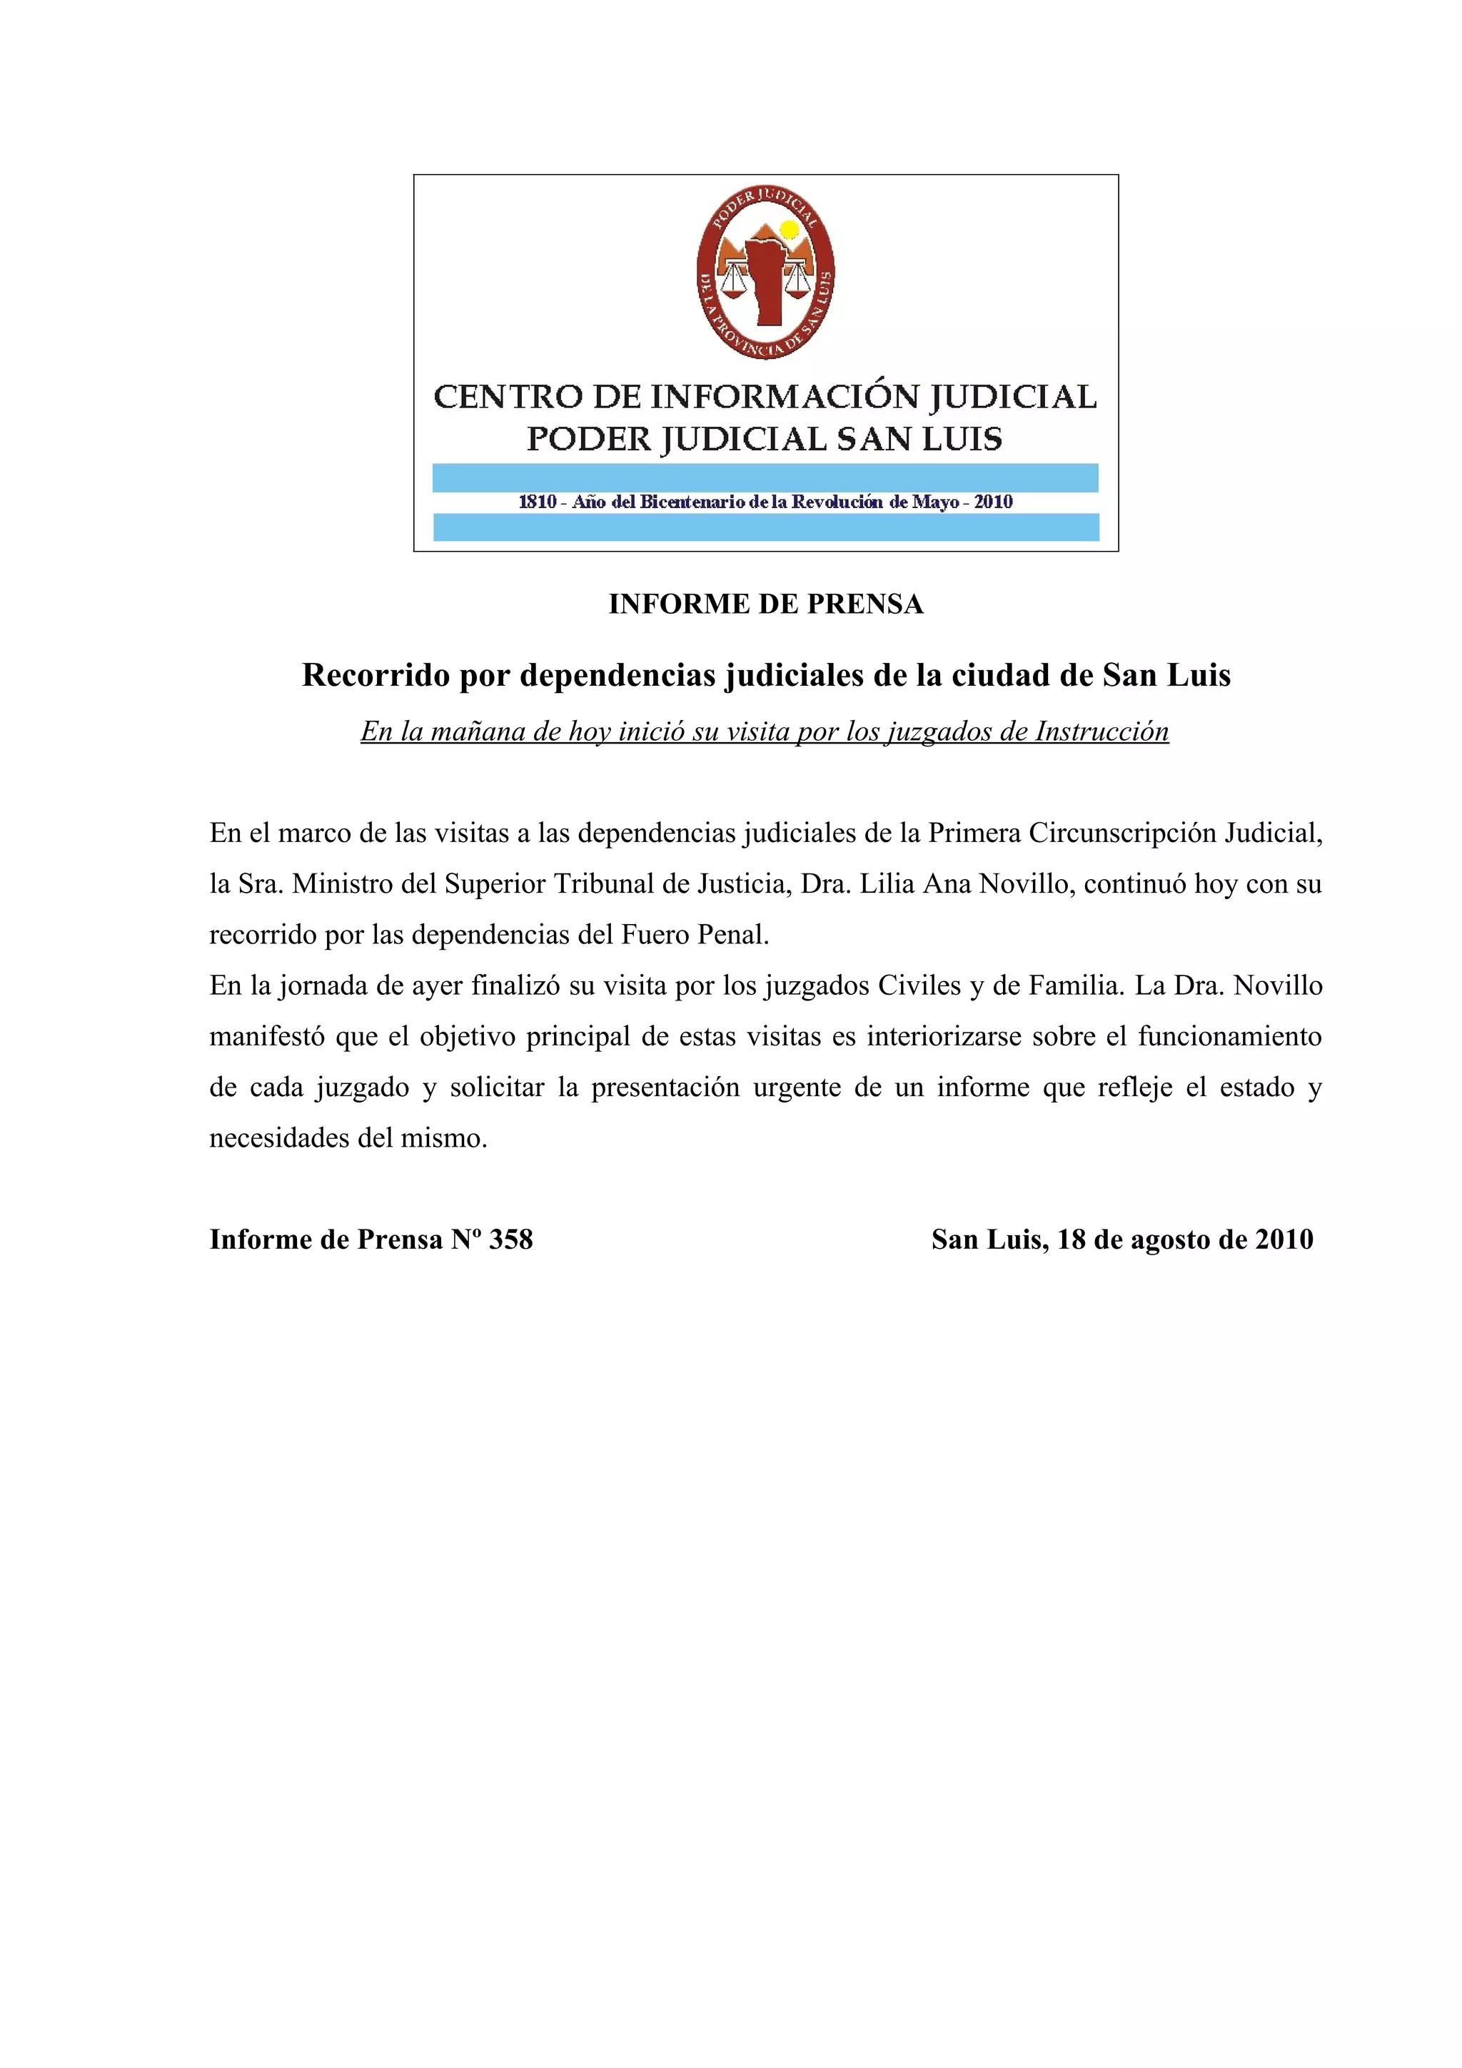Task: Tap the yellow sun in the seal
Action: point(789,230)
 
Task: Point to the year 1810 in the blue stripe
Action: point(538,502)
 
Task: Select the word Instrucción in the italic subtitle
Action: point(1101,731)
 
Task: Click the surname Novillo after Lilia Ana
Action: point(1025,883)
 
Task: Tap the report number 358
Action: point(510,1240)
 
